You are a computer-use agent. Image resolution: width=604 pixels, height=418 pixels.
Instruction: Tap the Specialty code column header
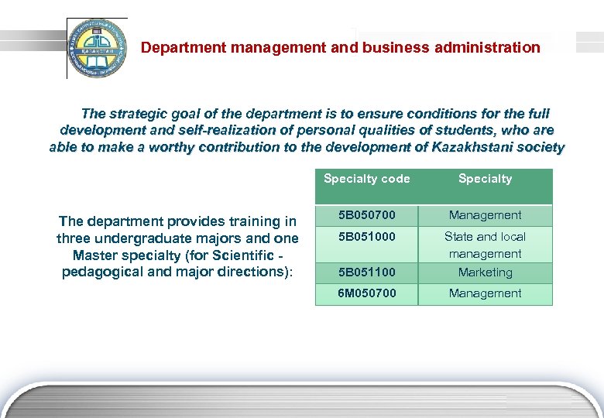(366, 179)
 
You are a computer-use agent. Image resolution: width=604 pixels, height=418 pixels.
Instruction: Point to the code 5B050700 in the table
(366, 215)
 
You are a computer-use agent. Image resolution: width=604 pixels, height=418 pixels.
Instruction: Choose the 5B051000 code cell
(366, 237)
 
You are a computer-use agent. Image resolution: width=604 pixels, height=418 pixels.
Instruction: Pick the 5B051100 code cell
(366, 272)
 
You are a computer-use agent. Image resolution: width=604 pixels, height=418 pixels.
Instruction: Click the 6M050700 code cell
(366, 293)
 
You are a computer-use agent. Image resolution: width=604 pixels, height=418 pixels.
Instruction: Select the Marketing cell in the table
(485, 272)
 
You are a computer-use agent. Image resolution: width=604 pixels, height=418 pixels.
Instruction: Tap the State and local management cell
(485, 245)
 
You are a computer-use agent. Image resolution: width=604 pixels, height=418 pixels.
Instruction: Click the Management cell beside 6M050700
(485, 293)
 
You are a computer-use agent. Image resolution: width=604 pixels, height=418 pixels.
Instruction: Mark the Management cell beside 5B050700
(485, 215)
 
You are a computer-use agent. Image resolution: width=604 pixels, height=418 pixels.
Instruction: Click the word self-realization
(200, 131)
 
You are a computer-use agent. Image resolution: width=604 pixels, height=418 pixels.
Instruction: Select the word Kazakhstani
(475, 147)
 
